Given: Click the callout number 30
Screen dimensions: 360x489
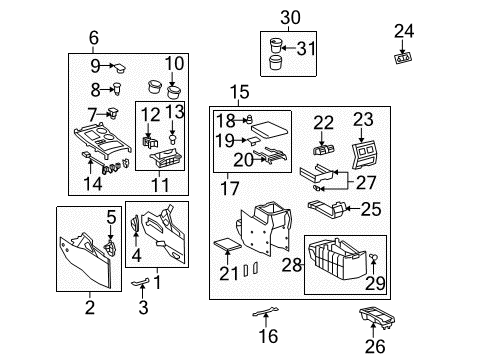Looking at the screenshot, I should click(x=289, y=17).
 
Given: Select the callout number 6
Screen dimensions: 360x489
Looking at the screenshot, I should click(x=93, y=38).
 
